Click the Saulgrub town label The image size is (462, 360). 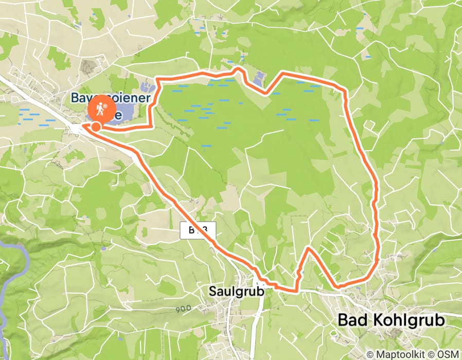click(x=236, y=291)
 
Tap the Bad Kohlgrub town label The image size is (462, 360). click(x=390, y=320)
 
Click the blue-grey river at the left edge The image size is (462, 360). click(x=12, y=267)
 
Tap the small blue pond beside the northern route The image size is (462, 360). click(x=258, y=79)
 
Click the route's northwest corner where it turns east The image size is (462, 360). click(x=157, y=80)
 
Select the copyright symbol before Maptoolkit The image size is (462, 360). click(x=369, y=354)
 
